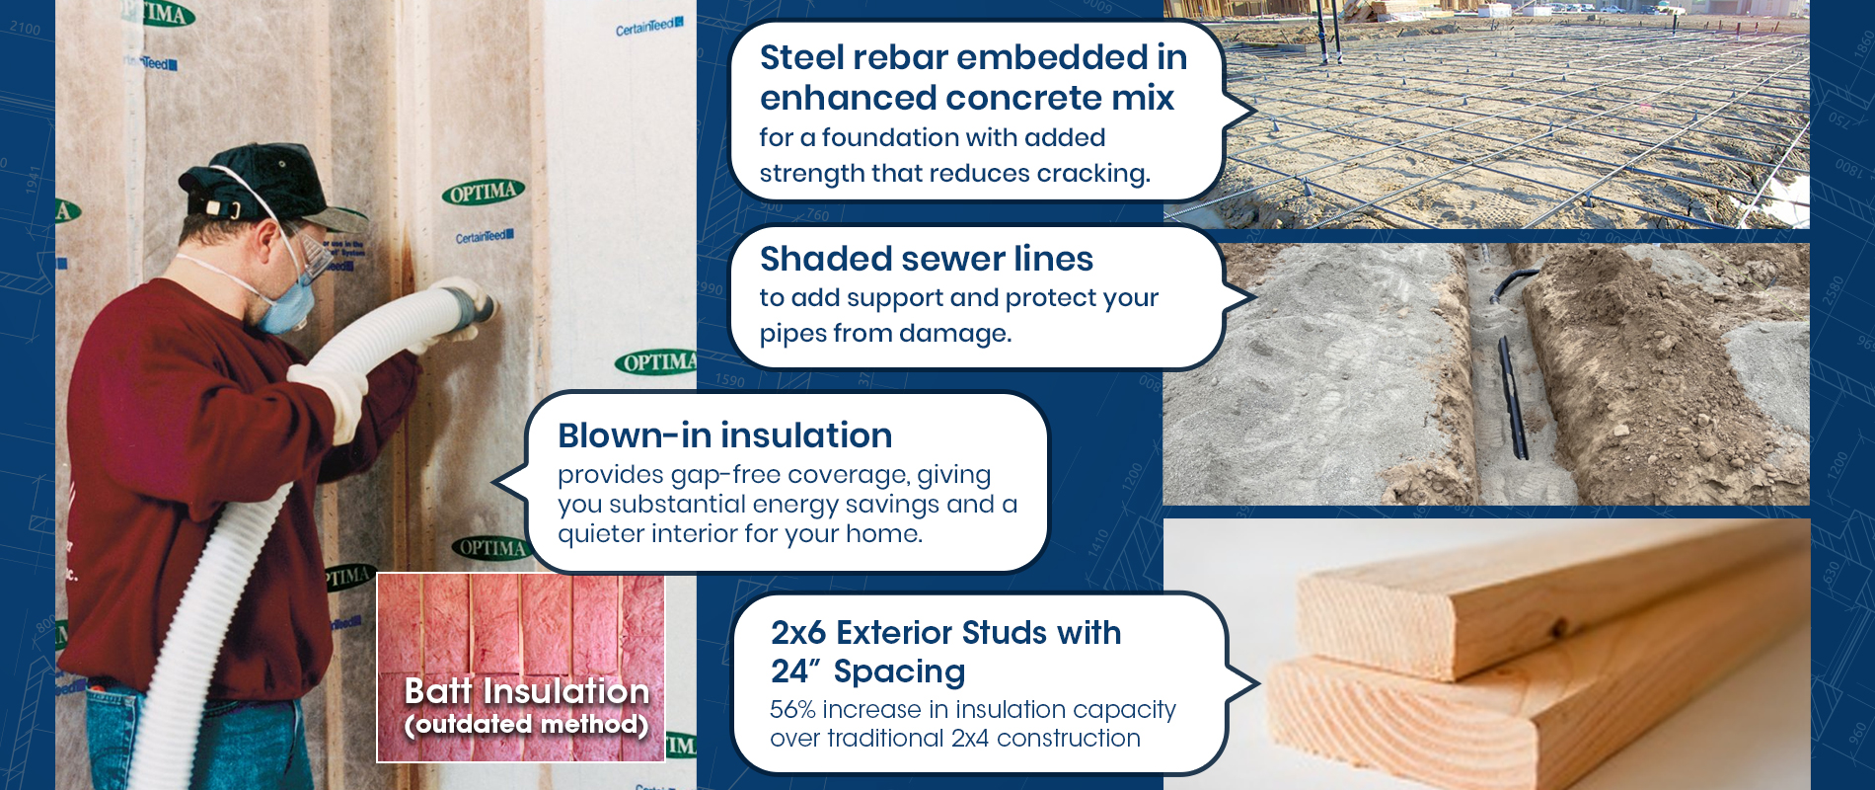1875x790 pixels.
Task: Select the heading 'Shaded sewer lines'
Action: tap(927, 259)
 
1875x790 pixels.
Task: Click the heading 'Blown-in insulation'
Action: tap(725, 435)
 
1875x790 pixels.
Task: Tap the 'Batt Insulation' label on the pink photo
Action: tap(527, 691)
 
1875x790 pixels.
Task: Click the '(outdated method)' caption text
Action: tap(526, 725)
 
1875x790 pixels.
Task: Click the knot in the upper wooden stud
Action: tap(1560, 630)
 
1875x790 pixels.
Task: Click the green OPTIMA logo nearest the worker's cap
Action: tap(483, 192)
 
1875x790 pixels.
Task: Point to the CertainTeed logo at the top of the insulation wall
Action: tap(648, 27)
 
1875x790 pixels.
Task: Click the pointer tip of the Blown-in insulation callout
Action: tap(494, 483)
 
